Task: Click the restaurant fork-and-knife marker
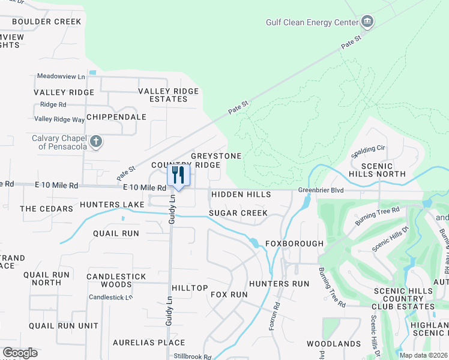click(178, 176)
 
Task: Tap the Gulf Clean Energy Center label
click(312, 23)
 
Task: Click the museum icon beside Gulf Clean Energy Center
click(367, 23)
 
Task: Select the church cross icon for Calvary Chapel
click(95, 142)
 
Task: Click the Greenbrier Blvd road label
click(321, 191)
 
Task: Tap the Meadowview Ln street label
click(61, 76)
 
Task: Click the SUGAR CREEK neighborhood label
click(238, 213)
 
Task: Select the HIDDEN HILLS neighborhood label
click(240, 194)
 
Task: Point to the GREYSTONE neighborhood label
click(216, 156)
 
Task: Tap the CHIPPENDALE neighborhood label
click(116, 117)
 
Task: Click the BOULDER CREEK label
click(46, 22)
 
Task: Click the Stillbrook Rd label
click(193, 356)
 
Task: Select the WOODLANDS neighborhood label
click(334, 344)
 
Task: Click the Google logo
click(20, 353)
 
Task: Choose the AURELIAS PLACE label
click(149, 343)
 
